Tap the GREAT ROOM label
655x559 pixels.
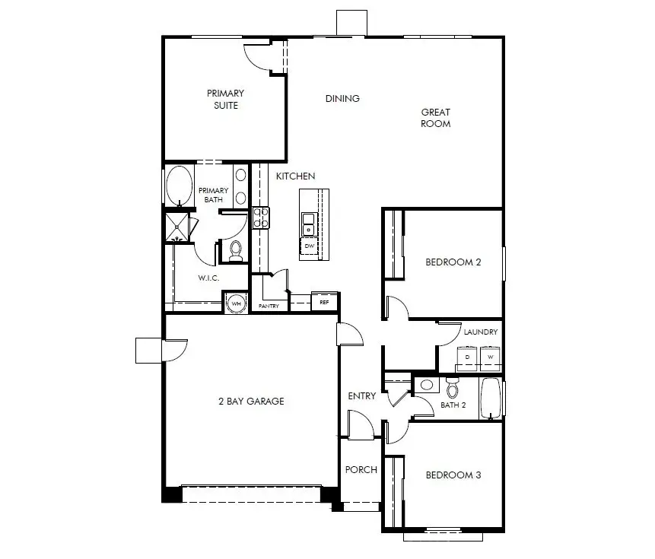pyautogui.click(x=436, y=118)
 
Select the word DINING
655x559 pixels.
pyautogui.click(x=342, y=99)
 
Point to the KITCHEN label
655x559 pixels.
pyautogui.click(x=295, y=176)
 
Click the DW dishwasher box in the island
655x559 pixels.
pyautogui.click(x=310, y=246)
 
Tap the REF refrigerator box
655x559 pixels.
pyautogui.click(x=324, y=302)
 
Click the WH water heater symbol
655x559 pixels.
pyautogui.click(x=236, y=303)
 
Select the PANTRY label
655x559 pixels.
pyautogui.click(x=269, y=306)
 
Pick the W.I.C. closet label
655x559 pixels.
pyautogui.click(x=209, y=278)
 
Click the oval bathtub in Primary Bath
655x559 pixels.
pyautogui.click(x=180, y=186)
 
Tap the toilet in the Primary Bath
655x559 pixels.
pyautogui.click(x=235, y=249)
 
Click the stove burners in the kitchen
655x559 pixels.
pyautogui.click(x=262, y=218)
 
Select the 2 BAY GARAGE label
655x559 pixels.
pyautogui.click(x=251, y=402)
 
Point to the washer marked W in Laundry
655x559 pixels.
pyautogui.click(x=490, y=357)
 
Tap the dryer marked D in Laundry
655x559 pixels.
pyautogui.click(x=467, y=357)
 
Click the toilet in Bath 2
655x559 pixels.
pyautogui.click(x=453, y=389)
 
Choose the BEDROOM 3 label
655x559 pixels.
pyautogui.click(x=453, y=475)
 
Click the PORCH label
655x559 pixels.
pyautogui.click(x=361, y=470)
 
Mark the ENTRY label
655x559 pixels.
pyautogui.click(x=362, y=396)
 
